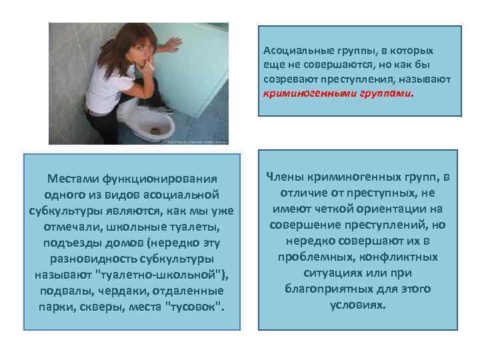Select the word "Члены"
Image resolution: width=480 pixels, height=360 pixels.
coord(285,177)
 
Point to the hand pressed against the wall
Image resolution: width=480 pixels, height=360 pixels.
coord(172,45)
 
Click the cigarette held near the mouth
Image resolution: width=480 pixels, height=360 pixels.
coord(151,66)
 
